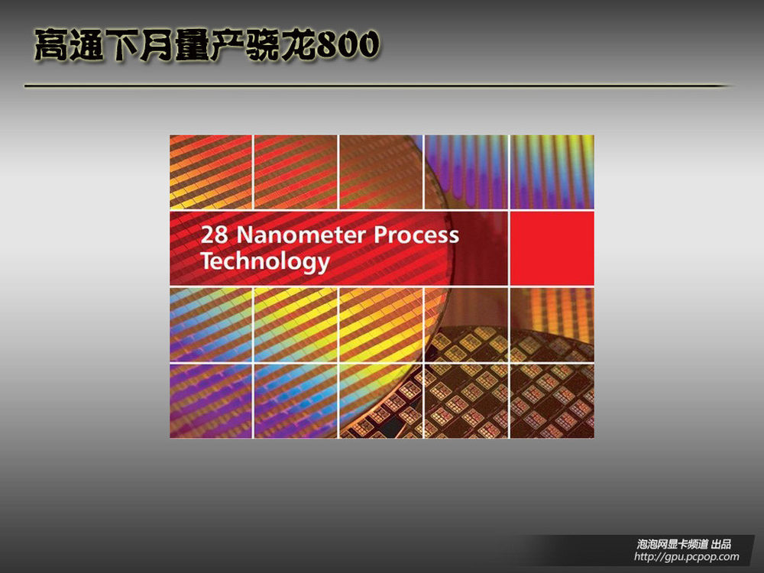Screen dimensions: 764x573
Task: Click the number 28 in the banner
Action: (x=214, y=235)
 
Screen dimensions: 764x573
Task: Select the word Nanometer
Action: (x=300, y=235)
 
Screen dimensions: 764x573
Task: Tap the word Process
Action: (x=416, y=235)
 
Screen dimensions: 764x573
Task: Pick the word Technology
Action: (x=265, y=261)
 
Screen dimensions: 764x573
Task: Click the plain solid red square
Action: (x=552, y=248)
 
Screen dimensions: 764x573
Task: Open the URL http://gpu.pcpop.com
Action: (x=686, y=557)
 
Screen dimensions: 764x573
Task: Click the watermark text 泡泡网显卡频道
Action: (x=672, y=544)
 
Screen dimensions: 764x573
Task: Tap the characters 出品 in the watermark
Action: (x=721, y=544)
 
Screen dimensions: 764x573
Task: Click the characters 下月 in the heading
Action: (x=139, y=45)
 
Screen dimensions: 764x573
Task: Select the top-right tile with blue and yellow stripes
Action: (x=552, y=171)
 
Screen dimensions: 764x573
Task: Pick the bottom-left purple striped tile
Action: (x=211, y=401)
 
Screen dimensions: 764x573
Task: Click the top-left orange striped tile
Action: (x=211, y=171)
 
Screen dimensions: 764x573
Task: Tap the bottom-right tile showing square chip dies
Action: (x=552, y=401)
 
